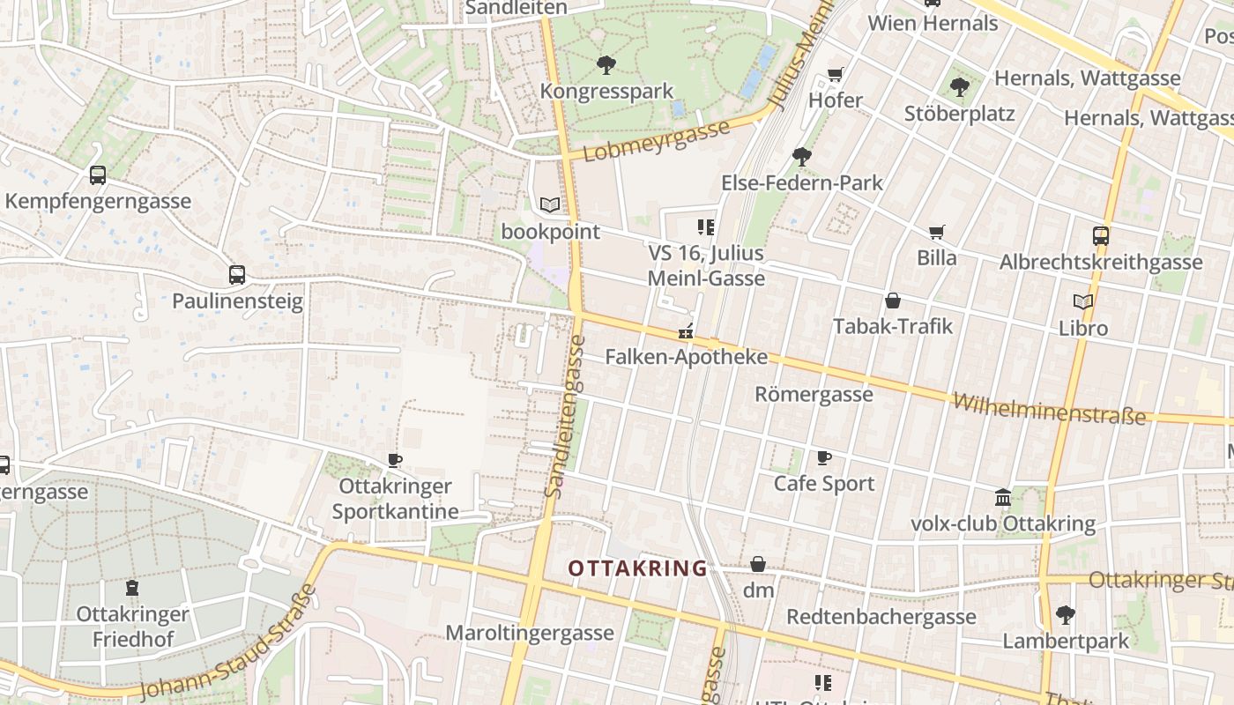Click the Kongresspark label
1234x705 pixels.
pos(606,91)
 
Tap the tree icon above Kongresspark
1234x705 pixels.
pos(606,64)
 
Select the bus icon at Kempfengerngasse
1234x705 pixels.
pos(98,174)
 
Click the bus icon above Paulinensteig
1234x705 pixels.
pos(237,274)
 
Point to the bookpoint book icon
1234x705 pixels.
pos(550,205)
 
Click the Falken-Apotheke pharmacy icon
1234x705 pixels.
pos(686,332)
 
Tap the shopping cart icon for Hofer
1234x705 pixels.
pos(836,74)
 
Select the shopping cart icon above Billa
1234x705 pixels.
pos(936,232)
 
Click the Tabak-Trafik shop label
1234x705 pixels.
pos(893,326)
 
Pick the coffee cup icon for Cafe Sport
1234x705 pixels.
pos(824,457)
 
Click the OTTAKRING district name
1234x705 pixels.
pos(637,568)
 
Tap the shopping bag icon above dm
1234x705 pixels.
pos(758,564)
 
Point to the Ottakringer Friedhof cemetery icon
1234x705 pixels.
pos(132,588)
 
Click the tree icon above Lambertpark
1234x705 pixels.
pos(1066,614)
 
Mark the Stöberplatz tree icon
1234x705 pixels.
pos(960,86)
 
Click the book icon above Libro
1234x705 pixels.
pos(1083,301)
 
